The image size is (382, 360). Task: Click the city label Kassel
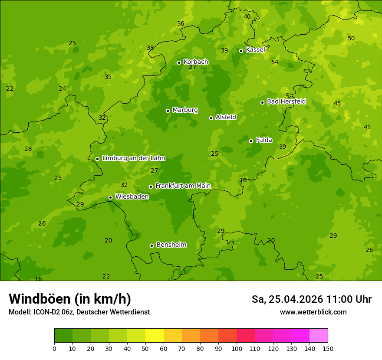pos(255,50)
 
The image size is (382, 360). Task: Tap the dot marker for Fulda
pos(251,141)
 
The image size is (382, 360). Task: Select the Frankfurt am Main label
pos(183,186)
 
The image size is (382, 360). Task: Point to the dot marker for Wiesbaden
pos(110,197)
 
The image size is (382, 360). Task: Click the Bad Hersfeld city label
pos(286,101)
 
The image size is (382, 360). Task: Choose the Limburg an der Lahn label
pos(133,158)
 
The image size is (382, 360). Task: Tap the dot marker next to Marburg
pos(168,111)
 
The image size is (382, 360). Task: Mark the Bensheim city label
pos(171,245)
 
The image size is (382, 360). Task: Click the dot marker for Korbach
pos(179,62)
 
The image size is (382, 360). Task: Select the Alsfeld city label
pos(226,117)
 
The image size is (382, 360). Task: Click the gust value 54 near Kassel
pos(275,62)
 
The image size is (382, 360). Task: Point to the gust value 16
pos(38,279)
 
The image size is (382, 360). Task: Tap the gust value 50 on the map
pos(351,38)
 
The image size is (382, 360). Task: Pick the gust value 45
pos(337,103)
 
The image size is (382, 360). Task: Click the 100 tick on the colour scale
pos(237,348)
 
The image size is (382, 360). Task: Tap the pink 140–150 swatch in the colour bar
pos(319,336)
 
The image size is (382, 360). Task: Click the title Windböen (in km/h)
pos(70,299)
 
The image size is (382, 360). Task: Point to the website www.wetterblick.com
pos(313,312)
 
